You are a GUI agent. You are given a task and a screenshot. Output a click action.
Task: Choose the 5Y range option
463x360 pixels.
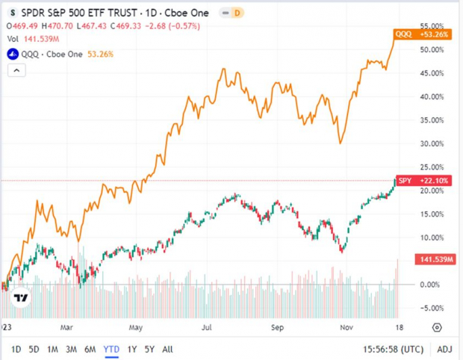[x=149, y=349]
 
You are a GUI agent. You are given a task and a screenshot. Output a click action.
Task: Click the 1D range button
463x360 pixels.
[x=16, y=349]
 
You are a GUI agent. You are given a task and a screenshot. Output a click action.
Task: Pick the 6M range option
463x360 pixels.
[x=90, y=349]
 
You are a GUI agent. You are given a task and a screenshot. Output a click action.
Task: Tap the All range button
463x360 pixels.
[x=168, y=349]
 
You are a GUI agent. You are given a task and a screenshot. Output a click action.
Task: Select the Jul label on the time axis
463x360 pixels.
[x=205, y=326]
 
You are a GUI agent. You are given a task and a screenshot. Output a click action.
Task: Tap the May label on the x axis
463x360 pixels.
[x=136, y=326]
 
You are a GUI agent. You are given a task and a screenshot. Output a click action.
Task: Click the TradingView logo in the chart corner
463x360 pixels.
[x=22, y=297]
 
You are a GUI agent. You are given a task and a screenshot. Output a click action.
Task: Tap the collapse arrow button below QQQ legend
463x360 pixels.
[x=16, y=69]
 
